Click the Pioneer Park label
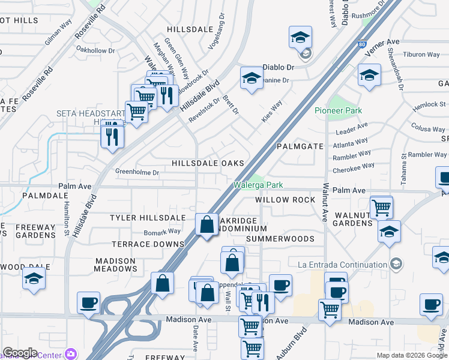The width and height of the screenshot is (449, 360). tap(338, 110)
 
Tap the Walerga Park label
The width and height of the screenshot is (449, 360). tap(258, 185)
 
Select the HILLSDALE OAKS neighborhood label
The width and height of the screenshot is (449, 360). tap(208, 163)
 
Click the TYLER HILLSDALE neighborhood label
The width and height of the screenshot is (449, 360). tap(147, 217)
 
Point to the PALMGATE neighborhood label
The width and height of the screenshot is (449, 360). tap(300, 146)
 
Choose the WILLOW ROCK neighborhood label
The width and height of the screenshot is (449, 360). tap(285, 199)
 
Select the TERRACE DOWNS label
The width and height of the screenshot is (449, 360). tap(148, 244)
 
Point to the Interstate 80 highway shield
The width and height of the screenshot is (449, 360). tap(361, 44)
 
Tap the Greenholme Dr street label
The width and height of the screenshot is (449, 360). tap(137, 172)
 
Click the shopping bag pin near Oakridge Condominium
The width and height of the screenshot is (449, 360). tap(206, 225)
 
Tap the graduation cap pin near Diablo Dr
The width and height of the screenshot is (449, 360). tap(252, 78)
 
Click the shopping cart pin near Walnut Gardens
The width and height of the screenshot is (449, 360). tap(381, 208)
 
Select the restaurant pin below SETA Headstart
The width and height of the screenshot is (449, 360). tap(112, 136)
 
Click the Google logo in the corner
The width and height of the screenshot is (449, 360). tap(20, 353)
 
